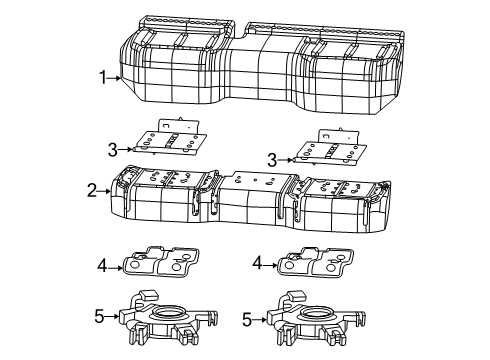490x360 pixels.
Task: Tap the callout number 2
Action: click(91, 188)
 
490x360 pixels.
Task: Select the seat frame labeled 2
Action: click(250, 200)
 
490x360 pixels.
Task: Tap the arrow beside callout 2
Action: click(105, 188)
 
